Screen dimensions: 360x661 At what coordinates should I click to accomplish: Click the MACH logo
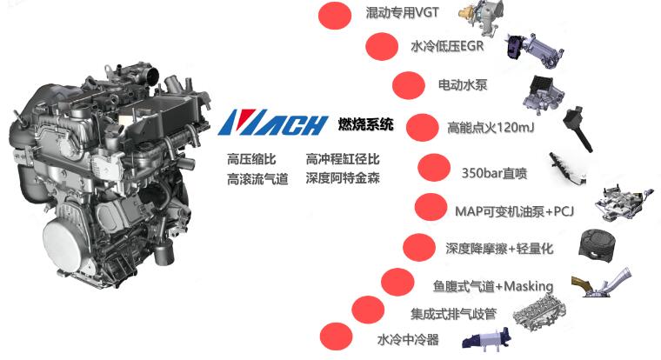(274, 123)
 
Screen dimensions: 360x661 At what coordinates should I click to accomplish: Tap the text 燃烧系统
(365, 124)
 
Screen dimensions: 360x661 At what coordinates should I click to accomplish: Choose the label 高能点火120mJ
(488, 127)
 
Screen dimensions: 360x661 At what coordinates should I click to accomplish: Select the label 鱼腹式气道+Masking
(493, 284)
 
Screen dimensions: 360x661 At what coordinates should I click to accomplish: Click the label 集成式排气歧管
(454, 311)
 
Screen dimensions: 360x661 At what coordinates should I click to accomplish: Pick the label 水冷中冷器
(408, 339)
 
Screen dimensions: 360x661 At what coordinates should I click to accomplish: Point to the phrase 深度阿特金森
(343, 178)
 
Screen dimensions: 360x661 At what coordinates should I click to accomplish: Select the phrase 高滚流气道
(257, 179)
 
